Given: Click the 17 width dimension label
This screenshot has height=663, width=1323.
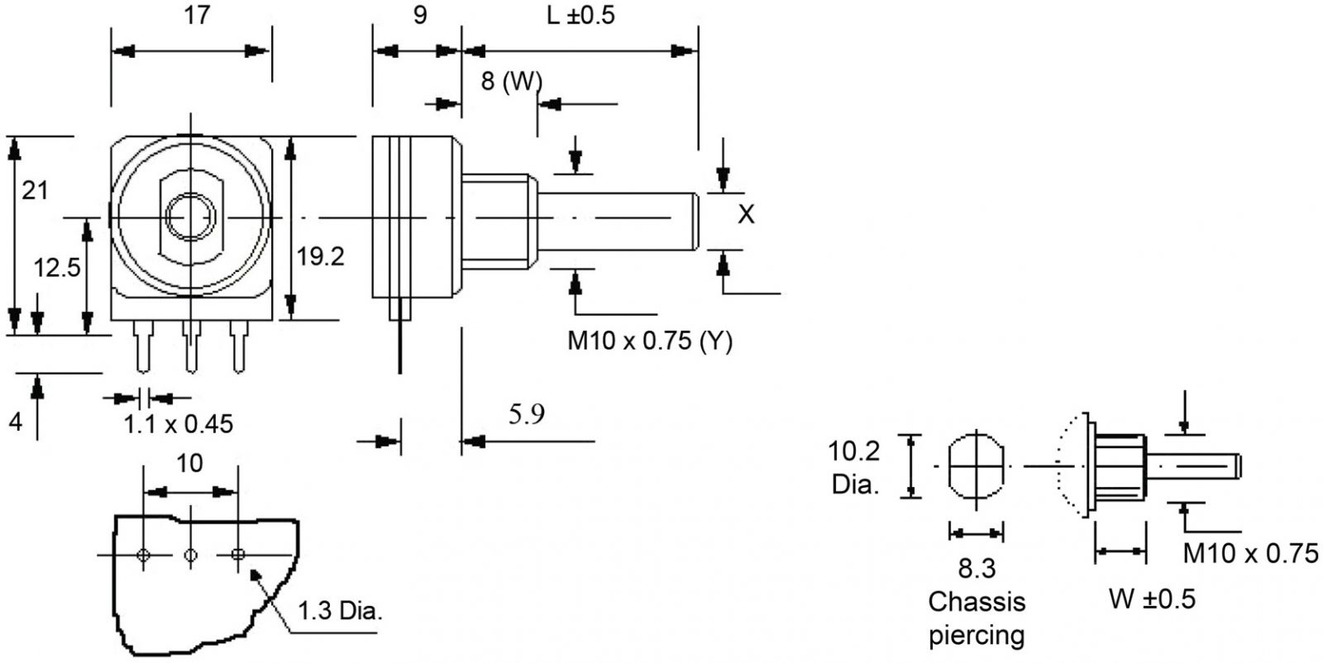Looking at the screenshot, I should (196, 17).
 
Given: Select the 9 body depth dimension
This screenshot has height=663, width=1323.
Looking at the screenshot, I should (420, 16).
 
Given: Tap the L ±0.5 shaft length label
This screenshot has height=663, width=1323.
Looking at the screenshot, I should (581, 16).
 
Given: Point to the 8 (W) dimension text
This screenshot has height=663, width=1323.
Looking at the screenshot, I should (511, 81).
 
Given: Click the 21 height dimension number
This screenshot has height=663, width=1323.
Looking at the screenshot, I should (35, 191).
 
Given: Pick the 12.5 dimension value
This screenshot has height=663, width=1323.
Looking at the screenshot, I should (56, 267).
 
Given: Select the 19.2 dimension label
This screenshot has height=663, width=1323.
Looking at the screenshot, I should (321, 257).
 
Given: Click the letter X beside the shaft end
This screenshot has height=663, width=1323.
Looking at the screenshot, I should (746, 215).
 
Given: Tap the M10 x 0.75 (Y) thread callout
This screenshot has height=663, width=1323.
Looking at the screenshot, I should (650, 341).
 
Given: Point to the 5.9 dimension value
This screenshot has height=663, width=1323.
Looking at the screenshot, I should (527, 414).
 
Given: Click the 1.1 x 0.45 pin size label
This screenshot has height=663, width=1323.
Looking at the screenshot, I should (179, 425).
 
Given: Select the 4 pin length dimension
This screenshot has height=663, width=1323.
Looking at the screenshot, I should (15, 422).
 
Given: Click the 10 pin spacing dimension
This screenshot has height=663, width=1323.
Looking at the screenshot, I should (189, 463).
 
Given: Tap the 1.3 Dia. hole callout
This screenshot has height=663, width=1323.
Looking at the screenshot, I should (340, 612).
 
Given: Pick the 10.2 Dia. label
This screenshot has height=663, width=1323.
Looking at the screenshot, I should (855, 468).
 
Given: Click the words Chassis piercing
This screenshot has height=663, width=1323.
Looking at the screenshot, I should (977, 618).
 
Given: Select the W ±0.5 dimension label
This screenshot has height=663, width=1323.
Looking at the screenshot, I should (1151, 599).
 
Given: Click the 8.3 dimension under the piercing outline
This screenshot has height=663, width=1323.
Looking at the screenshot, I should (977, 569).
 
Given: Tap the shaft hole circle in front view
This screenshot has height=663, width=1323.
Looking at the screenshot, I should (190, 217).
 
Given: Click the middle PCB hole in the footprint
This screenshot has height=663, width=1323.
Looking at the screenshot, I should (190, 555).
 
